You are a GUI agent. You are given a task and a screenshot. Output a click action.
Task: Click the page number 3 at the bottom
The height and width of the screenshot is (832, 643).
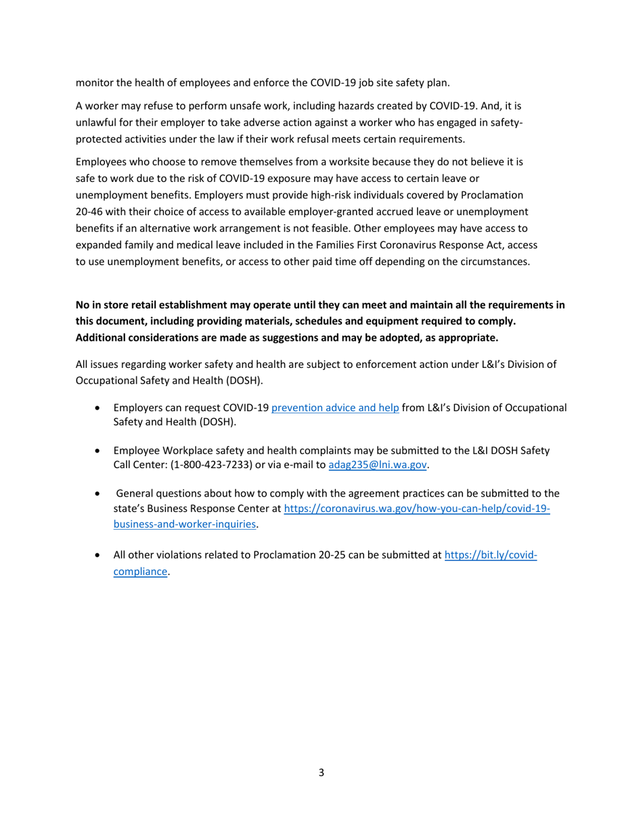click(321, 772)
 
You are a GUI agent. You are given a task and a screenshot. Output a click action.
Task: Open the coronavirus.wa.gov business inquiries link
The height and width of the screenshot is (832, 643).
click(416, 508)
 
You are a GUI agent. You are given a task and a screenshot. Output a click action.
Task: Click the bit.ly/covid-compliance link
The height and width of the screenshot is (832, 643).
click(490, 555)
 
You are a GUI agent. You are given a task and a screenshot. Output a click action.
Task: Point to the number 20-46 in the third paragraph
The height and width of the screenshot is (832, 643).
click(89, 212)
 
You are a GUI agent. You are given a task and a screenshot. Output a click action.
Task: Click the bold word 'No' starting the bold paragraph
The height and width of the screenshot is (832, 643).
click(83, 305)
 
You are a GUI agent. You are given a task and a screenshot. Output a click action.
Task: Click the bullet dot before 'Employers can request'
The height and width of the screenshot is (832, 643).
click(99, 409)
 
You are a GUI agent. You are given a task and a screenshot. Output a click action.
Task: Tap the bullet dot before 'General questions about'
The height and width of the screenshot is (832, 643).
click(99, 494)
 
